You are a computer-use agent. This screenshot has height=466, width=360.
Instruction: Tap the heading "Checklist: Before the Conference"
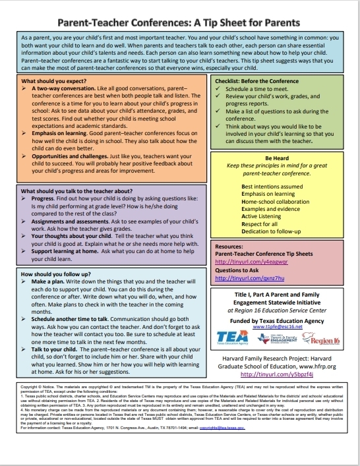pos(257,81)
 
